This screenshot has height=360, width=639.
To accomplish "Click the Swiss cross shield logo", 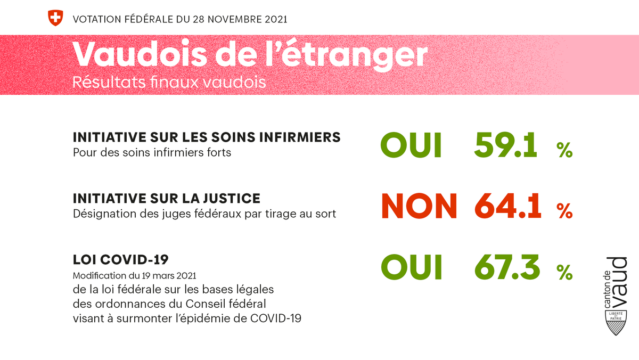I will (x=55, y=18).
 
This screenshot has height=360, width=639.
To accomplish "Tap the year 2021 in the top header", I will (x=275, y=20).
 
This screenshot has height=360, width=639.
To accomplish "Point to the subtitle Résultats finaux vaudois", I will (x=169, y=83).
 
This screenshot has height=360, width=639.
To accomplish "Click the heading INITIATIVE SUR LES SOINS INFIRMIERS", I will (x=207, y=137).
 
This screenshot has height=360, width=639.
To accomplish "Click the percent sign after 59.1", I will (x=564, y=151).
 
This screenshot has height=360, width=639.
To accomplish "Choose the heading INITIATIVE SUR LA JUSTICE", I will (x=167, y=199).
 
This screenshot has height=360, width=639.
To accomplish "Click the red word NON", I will (x=419, y=206).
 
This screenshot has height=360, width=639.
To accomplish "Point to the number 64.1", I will (x=507, y=206).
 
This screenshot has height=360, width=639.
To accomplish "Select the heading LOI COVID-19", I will (x=121, y=260).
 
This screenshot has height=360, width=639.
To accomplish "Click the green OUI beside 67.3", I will (x=411, y=267).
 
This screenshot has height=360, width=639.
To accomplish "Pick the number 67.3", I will (x=506, y=267).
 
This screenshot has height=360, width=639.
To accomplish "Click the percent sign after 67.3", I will (x=564, y=273).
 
